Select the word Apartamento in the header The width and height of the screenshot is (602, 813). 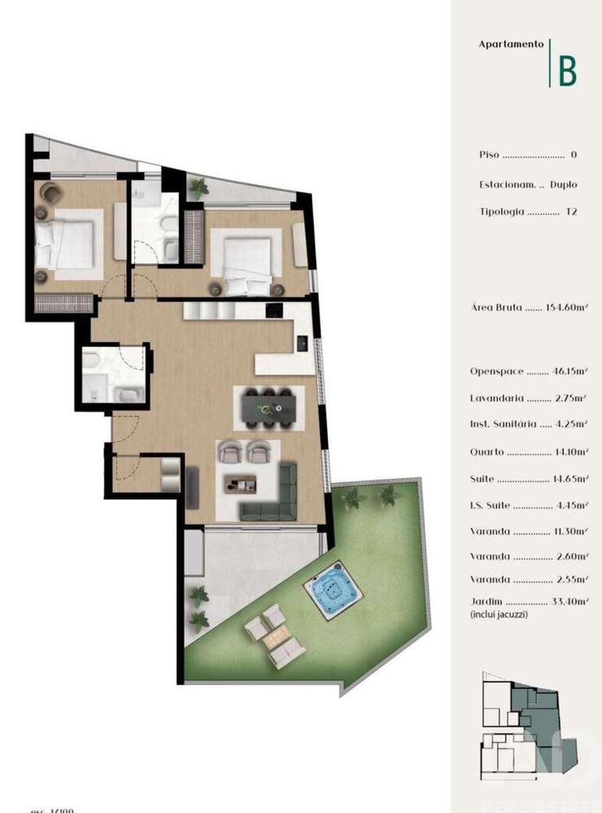[x=511, y=45]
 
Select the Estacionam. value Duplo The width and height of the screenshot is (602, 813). [x=564, y=185]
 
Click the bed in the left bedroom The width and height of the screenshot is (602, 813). [x=65, y=242]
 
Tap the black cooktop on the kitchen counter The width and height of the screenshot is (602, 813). [x=274, y=310]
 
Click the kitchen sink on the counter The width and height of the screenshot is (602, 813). [x=301, y=344]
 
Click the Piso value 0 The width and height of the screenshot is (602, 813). [x=574, y=154]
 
